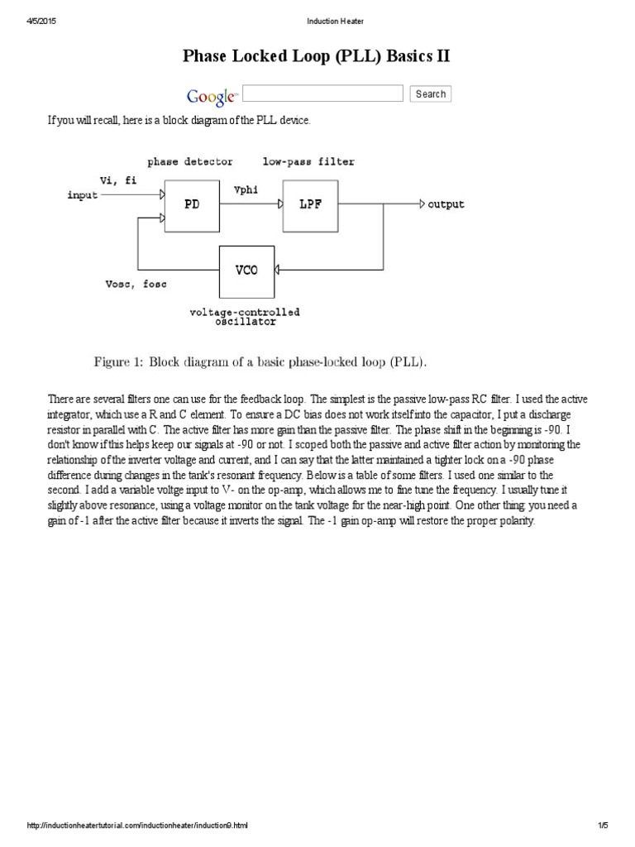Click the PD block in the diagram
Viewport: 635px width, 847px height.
193,205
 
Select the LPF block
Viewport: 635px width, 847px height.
310,204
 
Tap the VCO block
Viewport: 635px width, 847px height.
246,270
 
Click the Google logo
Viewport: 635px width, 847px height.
212,96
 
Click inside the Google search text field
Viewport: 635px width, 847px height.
323,93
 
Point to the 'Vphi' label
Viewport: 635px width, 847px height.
246,189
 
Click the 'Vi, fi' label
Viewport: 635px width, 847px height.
118,179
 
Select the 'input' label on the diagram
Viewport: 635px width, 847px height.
83,195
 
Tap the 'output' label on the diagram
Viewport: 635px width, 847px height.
446,204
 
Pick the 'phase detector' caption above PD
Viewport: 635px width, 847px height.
190,161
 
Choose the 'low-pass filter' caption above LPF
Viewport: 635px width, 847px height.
308,161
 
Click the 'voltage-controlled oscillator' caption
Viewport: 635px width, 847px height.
245,317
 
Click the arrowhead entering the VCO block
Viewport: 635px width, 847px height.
279,270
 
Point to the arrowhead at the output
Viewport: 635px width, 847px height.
422,203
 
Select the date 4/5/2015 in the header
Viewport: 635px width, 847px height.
35,21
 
